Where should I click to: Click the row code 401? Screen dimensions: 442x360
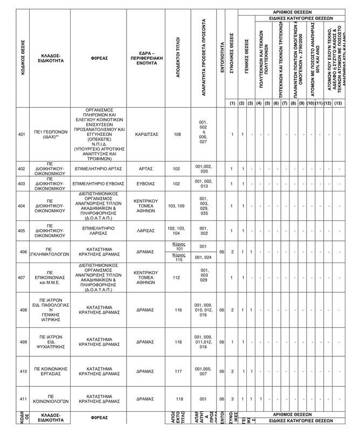tap(22, 134)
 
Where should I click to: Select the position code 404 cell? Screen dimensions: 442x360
tap(22, 206)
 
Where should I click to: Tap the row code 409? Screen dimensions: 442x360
tap(22, 342)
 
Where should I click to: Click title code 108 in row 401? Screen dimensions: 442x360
tap(177, 134)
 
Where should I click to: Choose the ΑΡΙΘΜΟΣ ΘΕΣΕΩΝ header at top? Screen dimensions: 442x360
tap(291, 12)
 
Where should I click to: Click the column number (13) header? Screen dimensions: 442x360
tap(338, 103)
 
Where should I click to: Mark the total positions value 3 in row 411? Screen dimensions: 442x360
tap(232, 399)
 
